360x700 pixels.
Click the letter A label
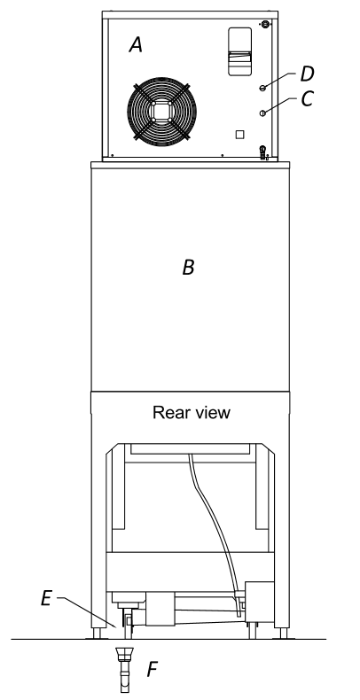click(136, 45)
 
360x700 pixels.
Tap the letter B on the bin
click(189, 268)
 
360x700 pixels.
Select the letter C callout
click(308, 99)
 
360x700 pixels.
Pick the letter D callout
click(308, 74)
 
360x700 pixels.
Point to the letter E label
click(46, 599)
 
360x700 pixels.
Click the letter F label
click(153, 670)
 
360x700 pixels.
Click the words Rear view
click(192, 413)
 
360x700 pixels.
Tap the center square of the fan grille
click(161, 111)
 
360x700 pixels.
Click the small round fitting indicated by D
click(262, 88)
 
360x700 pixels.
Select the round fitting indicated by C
click(262, 113)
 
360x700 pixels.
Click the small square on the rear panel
click(239, 135)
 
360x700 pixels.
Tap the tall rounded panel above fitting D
click(239, 51)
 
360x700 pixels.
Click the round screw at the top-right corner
click(266, 23)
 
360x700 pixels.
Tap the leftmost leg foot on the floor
click(97, 634)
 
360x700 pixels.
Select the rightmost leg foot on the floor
click(283, 634)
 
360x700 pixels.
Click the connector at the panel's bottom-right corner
click(263, 152)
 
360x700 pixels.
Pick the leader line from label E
click(88, 612)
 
